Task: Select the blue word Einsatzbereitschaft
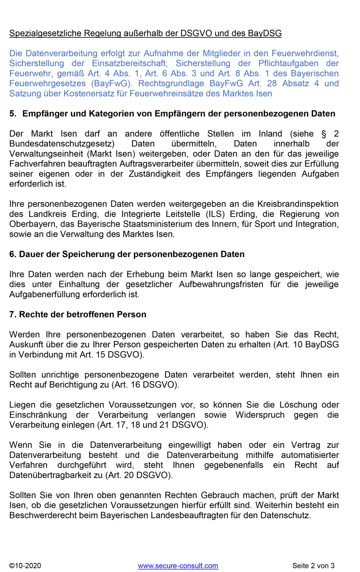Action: click(x=129, y=63)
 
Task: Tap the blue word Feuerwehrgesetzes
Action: click(x=48, y=83)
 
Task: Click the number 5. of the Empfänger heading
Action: click(x=13, y=114)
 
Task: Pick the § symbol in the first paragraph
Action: click(x=324, y=134)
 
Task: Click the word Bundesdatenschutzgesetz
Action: click(x=61, y=144)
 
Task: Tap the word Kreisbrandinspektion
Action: click(x=298, y=204)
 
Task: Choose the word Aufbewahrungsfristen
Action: click(x=221, y=284)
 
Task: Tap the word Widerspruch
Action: click(x=260, y=415)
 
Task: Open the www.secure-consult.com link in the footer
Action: click(x=178, y=566)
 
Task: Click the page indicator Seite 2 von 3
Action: click(x=313, y=566)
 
